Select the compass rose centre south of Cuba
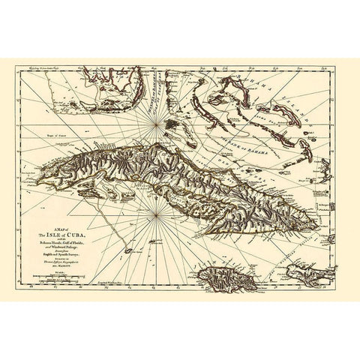point(154,217)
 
